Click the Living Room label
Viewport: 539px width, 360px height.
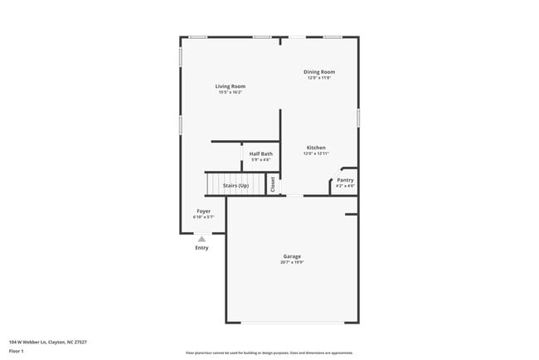(x=231, y=86)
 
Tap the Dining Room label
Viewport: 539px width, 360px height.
(x=319, y=72)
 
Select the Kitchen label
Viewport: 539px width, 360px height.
(x=316, y=148)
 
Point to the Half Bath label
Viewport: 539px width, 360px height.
(x=261, y=153)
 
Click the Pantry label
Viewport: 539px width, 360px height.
(x=345, y=180)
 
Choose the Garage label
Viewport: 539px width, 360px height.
(x=292, y=256)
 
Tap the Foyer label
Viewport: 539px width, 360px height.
(x=203, y=211)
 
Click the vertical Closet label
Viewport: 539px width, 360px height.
(x=273, y=184)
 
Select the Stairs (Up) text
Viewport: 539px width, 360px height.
(x=236, y=186)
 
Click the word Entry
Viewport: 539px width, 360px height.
(x=202, y=247)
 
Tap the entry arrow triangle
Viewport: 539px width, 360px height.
(x=202, y=238)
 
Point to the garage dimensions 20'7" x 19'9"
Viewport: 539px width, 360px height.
(x=292, y=263)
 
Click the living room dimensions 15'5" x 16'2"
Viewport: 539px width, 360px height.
(x=231, y=92)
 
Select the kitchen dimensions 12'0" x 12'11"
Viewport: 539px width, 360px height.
(x=316, y=153)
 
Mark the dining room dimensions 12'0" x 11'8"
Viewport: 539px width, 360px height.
(x=319, y=78)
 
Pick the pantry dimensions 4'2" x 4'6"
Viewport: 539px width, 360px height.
(x=345, y=186)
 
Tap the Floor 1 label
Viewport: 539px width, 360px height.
(x=17, y=351)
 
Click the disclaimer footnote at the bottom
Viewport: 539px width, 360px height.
(x=269, y=352)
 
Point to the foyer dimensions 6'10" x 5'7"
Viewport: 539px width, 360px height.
(x=203, y=216)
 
